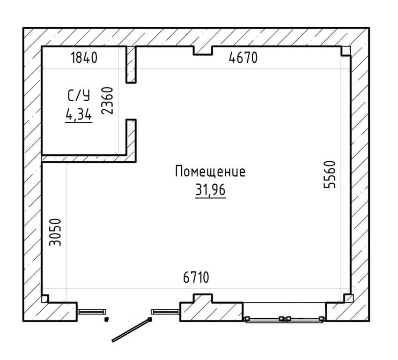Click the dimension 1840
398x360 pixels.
point(84,57)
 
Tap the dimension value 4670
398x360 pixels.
point(243,57)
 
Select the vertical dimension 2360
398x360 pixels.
point(107,101)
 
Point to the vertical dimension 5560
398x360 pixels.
point(330,174)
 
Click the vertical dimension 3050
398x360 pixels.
point(55,232)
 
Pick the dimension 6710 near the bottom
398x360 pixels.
point(196,277)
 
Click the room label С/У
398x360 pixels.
point(79,96)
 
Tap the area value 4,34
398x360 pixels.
point(79,115)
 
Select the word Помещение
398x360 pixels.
point(210,171)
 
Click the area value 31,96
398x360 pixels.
point(210,190)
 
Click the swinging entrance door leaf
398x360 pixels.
point(132,330)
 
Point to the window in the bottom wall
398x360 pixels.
point(284,319)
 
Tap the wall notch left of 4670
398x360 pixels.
point(203,51)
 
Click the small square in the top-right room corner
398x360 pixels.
point(346,51)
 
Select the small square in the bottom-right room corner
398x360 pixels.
point(348,298)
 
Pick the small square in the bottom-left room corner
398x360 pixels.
point(45,299)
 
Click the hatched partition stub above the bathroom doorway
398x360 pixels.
point(131,65)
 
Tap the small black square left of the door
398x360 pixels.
point(107,319)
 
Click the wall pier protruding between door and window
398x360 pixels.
point(203,298)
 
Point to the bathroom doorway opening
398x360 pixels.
point(131,101)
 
